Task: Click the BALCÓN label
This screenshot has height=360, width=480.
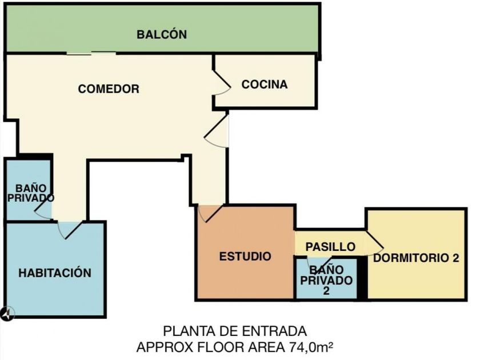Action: point(162,35)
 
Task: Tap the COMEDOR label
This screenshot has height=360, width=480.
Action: point(109,89)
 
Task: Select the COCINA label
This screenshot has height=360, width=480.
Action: point(264,85)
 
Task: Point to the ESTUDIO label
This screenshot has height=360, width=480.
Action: point(245,257)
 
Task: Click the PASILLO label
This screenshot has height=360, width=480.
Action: point(330,247)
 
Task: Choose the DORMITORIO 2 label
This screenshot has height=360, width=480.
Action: point(416,258)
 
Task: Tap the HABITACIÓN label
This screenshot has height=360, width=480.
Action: point(55,273)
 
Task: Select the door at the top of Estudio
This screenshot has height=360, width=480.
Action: point(208,213)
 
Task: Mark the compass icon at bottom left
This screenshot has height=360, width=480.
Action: point(7,313)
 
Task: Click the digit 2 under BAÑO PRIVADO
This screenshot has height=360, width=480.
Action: point(326,290)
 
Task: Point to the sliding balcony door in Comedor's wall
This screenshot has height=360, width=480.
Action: point(91,54)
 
